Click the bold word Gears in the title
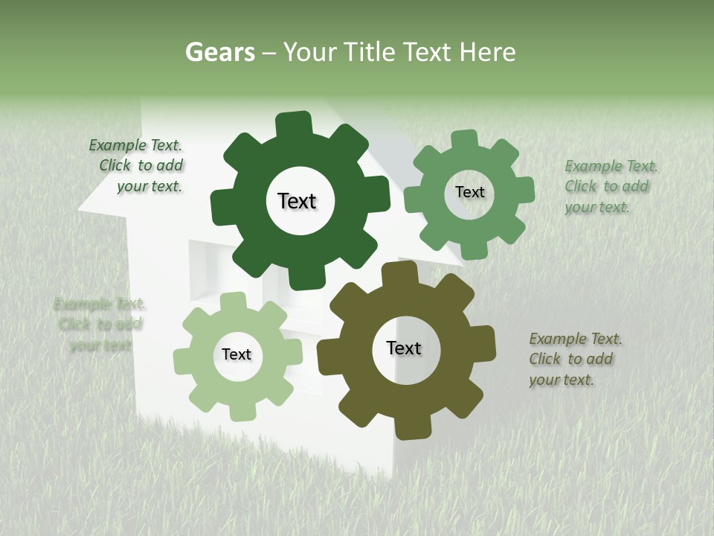[219, 53]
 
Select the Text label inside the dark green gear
[297, 201]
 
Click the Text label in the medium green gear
[469, 192]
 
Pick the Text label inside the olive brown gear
[404, 348]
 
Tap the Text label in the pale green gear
[237, 355]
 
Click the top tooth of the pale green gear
[233, 301]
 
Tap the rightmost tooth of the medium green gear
[524, 191]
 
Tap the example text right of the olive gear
[574, 360]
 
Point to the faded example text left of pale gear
[100, 325]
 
